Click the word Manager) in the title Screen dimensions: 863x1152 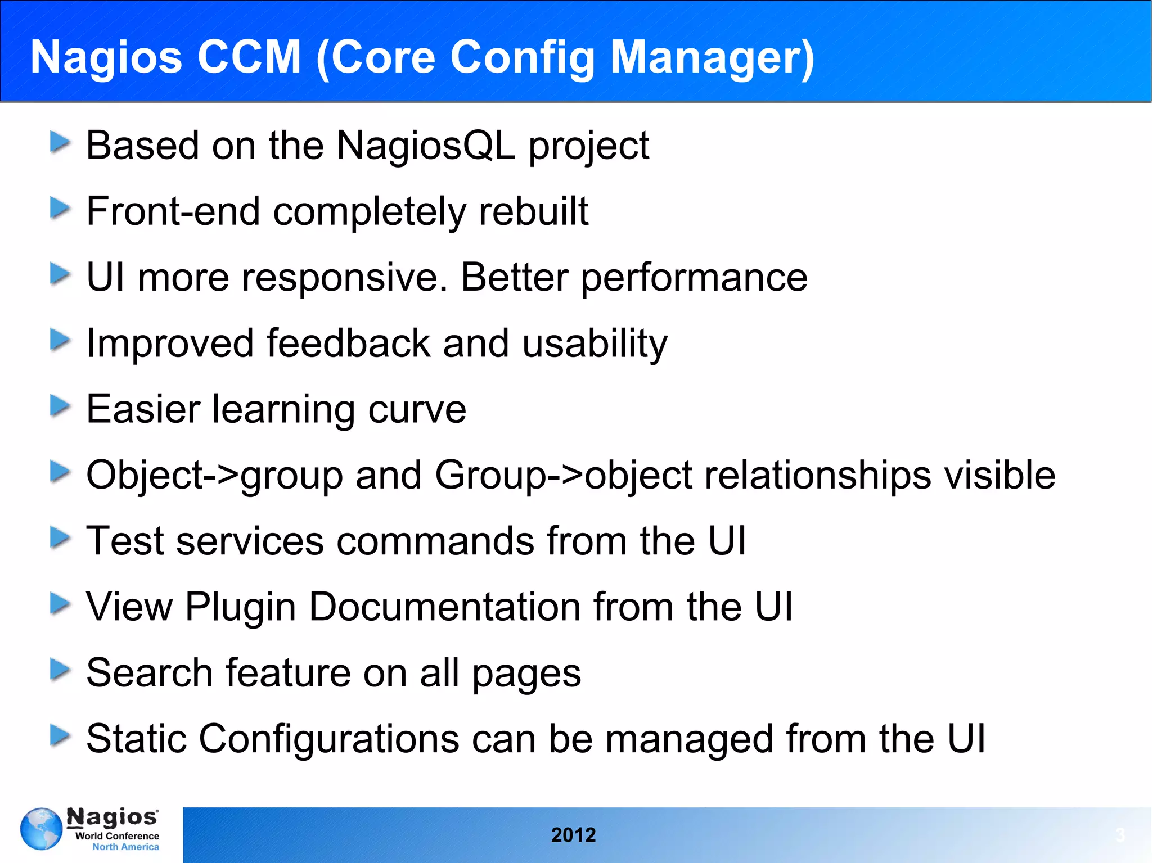(712, 57)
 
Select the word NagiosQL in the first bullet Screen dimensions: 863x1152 (425, 146)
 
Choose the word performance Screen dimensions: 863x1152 (694, 278)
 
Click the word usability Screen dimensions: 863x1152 (595, 344)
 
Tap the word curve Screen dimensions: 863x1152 (417, 409)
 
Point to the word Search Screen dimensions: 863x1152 (149, 673)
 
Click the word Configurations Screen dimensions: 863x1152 (329, 739)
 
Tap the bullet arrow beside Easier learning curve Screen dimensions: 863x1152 (60, 405)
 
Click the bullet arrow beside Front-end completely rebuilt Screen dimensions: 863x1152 (60, 208)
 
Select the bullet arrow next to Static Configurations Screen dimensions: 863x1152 (60, 735)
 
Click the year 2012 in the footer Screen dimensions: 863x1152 (573, 835)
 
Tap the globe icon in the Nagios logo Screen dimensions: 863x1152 (41, 829)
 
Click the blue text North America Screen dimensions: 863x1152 (125, 847)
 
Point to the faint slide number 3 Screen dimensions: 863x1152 (1120, 835)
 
